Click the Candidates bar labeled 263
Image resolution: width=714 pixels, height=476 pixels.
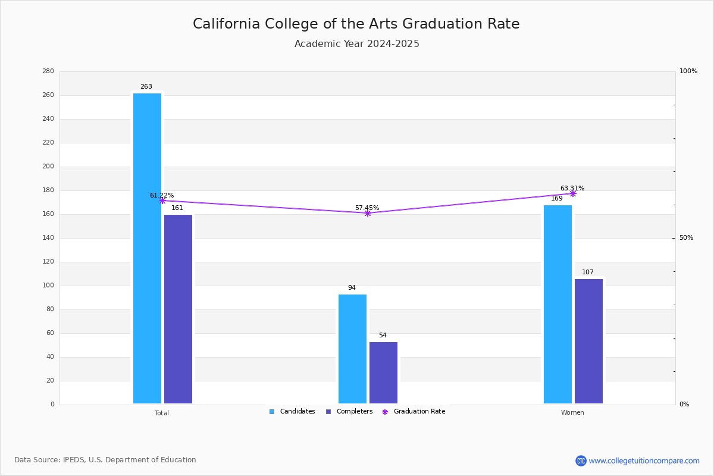(x=148, y=248)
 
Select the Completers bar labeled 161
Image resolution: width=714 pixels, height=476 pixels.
(x=178, y=309)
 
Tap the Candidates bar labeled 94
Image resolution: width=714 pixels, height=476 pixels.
(x=352, y=349)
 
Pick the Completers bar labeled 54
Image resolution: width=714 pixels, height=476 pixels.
(x=383, y=372)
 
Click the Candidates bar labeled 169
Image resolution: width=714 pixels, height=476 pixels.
(x=558, y=305)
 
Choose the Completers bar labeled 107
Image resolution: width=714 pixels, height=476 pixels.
(x=588, y=342)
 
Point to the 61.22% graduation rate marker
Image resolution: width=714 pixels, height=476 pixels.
(x=162, y=201)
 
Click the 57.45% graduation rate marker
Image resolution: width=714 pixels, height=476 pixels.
(x=368, y=213)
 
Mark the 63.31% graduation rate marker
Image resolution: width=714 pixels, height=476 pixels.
(x=573, y=193)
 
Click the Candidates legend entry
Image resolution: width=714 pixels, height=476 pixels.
(x=292, y=412)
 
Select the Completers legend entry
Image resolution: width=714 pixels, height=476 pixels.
(x=349, y=412)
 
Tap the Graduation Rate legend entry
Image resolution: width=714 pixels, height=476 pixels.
(x=414, y=412)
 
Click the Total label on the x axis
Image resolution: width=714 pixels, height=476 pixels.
(x=162, y=413)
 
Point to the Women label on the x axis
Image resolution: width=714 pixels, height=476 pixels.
(x=572, y=412)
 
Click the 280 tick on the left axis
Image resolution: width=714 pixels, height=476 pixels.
(x=48, y=71)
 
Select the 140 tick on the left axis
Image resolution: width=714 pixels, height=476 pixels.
(x=48, y=238)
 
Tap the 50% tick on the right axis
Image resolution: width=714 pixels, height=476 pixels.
(x=686, y=238)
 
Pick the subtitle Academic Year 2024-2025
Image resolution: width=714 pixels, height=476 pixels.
(x=356, y=43)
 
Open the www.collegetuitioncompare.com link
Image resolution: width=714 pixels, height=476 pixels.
(x=644, y=461)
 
